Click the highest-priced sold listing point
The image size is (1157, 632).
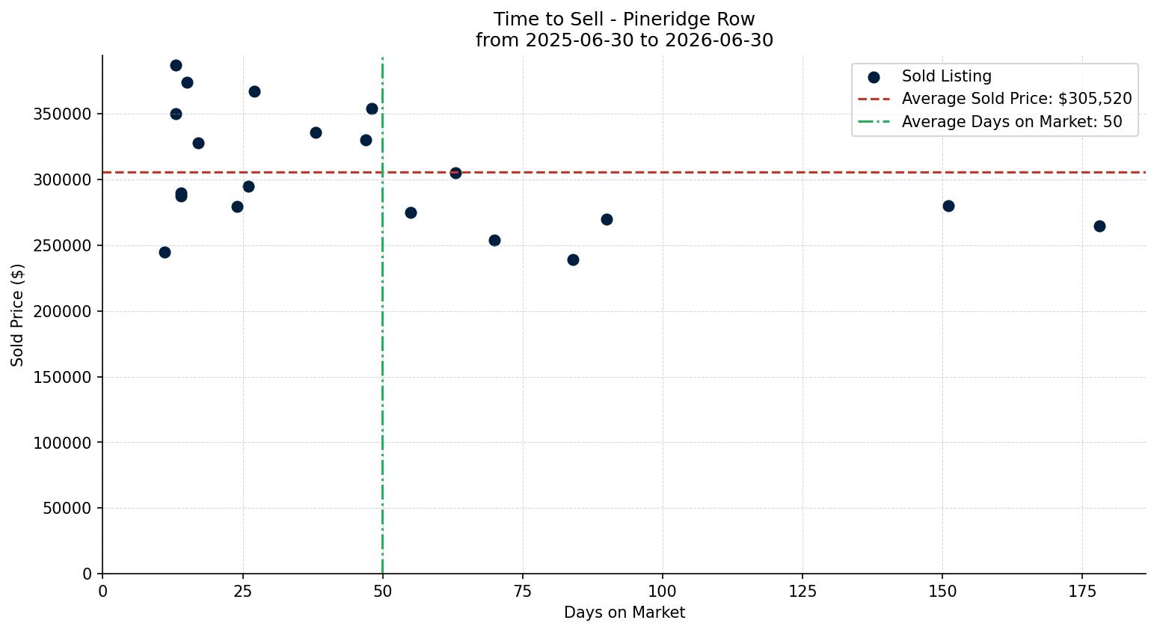(177, 66)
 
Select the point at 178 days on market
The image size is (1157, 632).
(1099, 226)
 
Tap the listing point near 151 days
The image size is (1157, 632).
(948, 206)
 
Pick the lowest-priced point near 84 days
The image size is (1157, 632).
(573, 260)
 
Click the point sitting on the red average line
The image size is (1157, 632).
(455, 173)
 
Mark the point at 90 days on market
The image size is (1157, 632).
(607, 219)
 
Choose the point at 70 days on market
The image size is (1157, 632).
(494, 240)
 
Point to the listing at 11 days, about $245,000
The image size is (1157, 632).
(165, 253)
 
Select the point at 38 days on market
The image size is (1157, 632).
(316, 132)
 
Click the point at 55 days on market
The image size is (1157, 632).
(411, 212)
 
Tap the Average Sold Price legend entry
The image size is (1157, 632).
(995, 99)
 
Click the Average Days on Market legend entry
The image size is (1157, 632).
(990, 122)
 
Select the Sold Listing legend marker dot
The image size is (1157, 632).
(874, 78)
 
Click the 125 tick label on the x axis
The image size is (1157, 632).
(802, 592)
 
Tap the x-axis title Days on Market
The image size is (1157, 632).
(624, 613)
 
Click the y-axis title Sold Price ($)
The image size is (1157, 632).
(17, 315)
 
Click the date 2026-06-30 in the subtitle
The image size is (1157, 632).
(719, 40)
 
